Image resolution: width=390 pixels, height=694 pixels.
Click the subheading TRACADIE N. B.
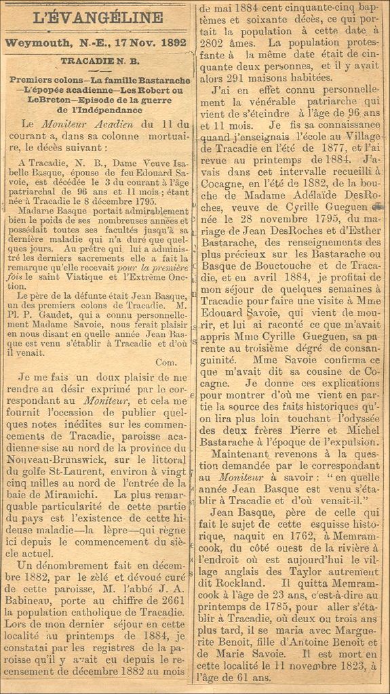(x=100, y=62)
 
